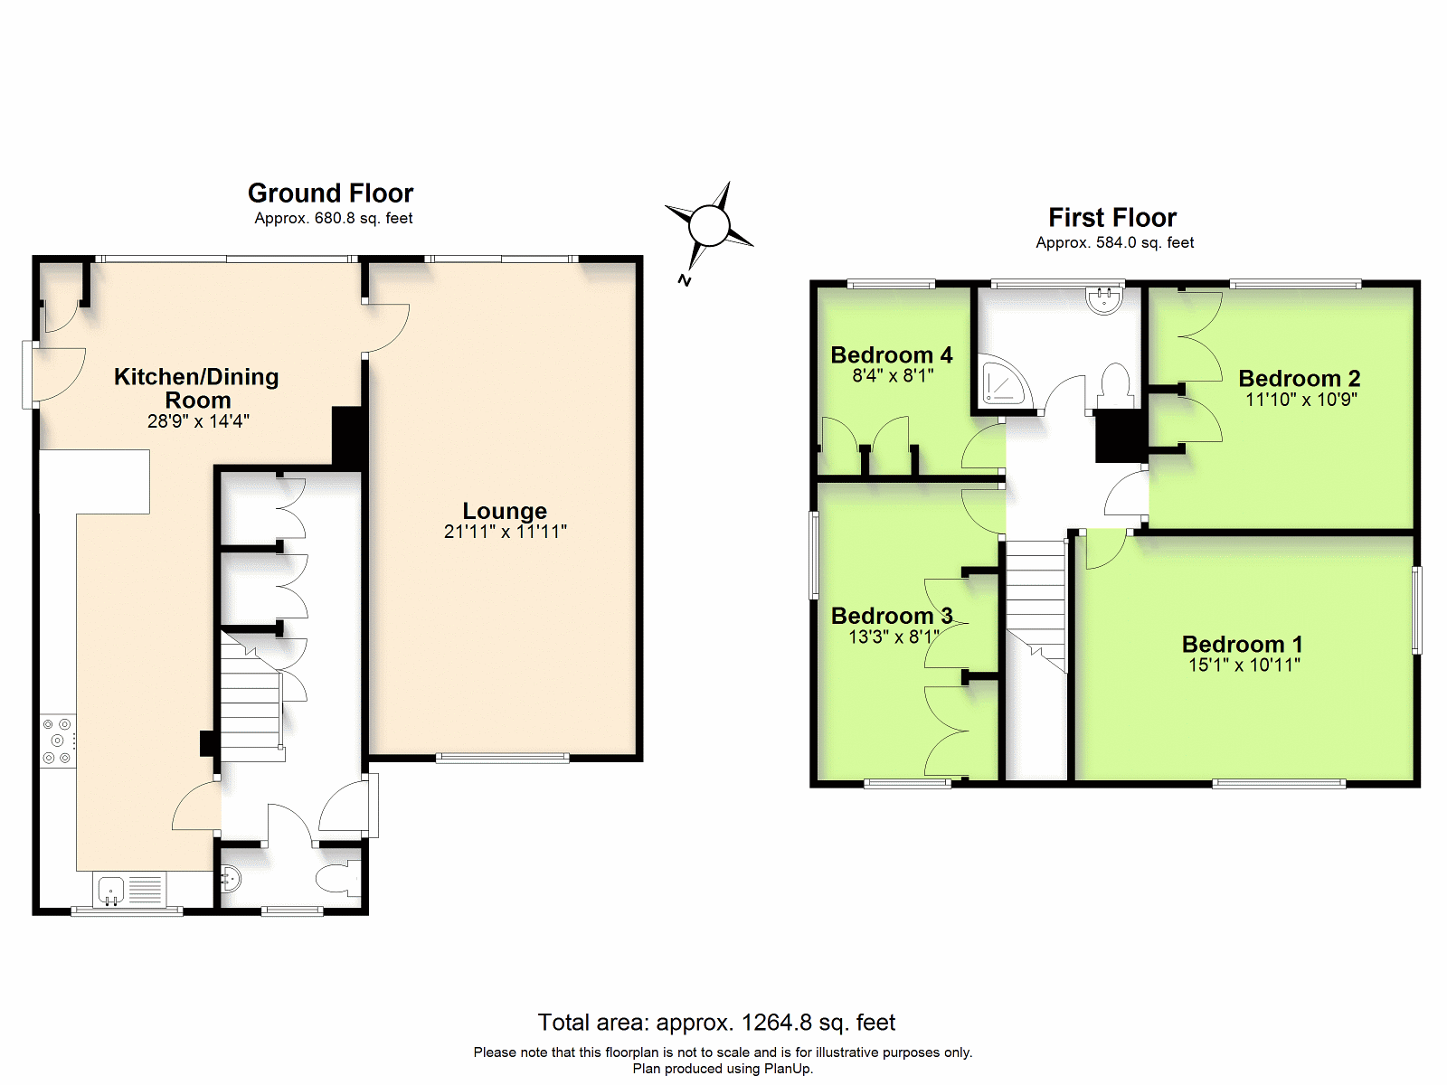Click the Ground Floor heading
pyautogui.click(x=330, y=193)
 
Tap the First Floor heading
pyautogui.click(x=1112, y=217)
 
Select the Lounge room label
pyautogui.click(x=505, y=511)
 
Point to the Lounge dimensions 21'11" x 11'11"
pyautogui.click(x=505, y=532)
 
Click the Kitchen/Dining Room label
pyautogui.click(x=196, y=388)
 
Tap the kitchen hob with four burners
pyautogui.click(x=58, y=741)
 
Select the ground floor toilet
pyautogui.click(x=339, y=878)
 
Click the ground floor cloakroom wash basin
pyautogui.click(x=230, y=878)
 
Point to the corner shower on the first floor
pyautogui.click(x=1002, y=380)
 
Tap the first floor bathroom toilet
pyautogui.click(x=1115, y=386)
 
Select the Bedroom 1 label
pyautogui.click(x=1242, y=644)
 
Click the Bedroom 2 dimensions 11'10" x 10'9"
pyautogui.click(x=1300, y=400)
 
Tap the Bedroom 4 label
pyautogui.click(x=892, y=355)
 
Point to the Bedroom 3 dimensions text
pyautogui.click(x=894, y=637)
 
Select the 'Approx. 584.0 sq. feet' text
pyautogui.click(x=1115, y=242)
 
